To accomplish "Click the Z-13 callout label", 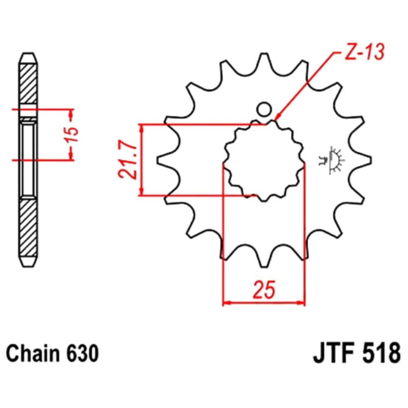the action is pyautogui.click(x=364, y=52).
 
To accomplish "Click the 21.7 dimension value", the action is pyautogui.click(x=127, y=160).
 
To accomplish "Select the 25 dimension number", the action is pyautogui.click(x=264, y=289).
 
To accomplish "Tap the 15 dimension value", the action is pyautogui.click(x=72, y=134).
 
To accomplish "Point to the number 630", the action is pyautogui.click(x=83, y=353).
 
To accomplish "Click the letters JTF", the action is pyautogui.click(x=335, y=353).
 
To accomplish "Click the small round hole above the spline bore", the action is pyautogui.click(x=264, y=109).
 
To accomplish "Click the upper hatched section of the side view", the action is pyautogui.click(x=29, y=84).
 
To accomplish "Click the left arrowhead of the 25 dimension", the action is pyautogui.click(x=223, y=303).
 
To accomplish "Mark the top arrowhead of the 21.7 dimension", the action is pyautogui.click(x=141, y=124).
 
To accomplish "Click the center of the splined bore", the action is pyautogui.click(x=264, y=160).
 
